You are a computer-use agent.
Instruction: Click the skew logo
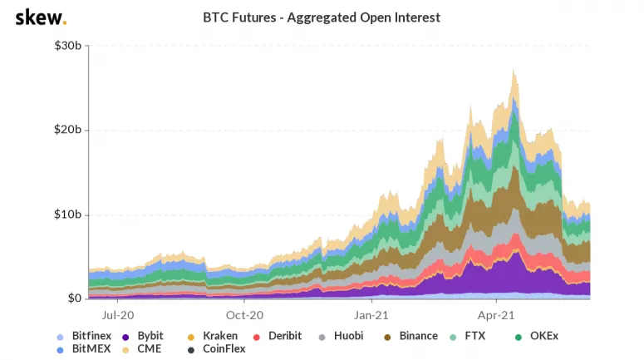[41, 17]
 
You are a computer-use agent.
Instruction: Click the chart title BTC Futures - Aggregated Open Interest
[322, 17]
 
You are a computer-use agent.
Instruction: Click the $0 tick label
[74, 298]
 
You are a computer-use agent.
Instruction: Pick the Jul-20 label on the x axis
[117, 315]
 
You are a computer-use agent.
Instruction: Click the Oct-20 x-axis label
[244, 315]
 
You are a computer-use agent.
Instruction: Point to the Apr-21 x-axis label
[496, 315]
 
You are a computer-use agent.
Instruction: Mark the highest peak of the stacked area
[515, 71]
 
